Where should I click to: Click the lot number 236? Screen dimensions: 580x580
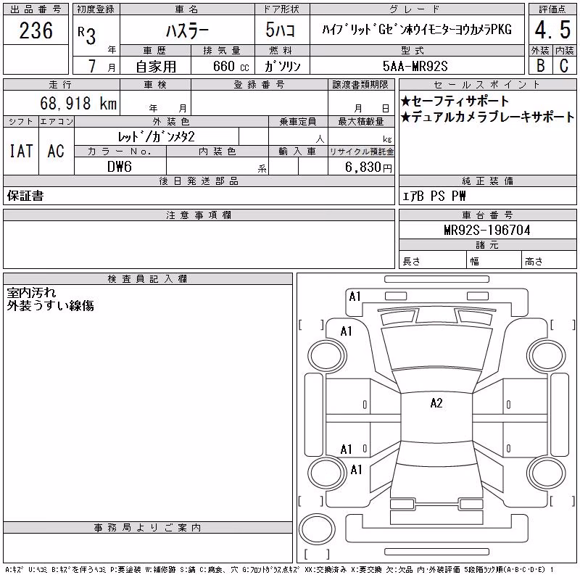pos(36,30)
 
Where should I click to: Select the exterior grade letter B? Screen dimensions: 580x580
pos(540,65)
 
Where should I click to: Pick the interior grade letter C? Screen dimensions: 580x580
pos(564,65)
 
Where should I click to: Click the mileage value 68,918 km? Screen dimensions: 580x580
pos(78,103)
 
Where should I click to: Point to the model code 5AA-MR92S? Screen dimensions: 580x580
pos(415,66)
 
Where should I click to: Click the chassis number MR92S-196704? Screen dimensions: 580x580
pos(487,230)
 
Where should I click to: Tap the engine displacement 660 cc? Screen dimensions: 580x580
pos(231,66)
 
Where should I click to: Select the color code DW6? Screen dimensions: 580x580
pos(120,167)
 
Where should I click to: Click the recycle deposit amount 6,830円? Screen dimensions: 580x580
pos(368,167)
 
